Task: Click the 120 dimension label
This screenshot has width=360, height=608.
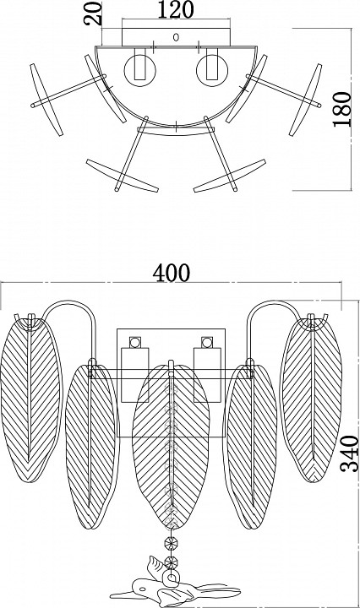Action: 175,9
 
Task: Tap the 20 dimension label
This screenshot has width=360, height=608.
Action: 93,14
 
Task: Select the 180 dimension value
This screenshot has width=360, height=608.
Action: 341,109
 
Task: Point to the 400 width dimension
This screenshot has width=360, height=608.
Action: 171,273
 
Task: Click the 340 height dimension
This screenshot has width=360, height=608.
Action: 350,453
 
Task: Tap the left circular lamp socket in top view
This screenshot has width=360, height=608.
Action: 139,71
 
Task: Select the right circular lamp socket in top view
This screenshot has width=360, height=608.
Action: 212,71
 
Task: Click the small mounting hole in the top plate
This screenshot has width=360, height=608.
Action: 176,38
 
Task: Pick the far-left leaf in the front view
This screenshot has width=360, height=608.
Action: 31,399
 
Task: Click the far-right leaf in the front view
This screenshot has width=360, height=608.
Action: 311,399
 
